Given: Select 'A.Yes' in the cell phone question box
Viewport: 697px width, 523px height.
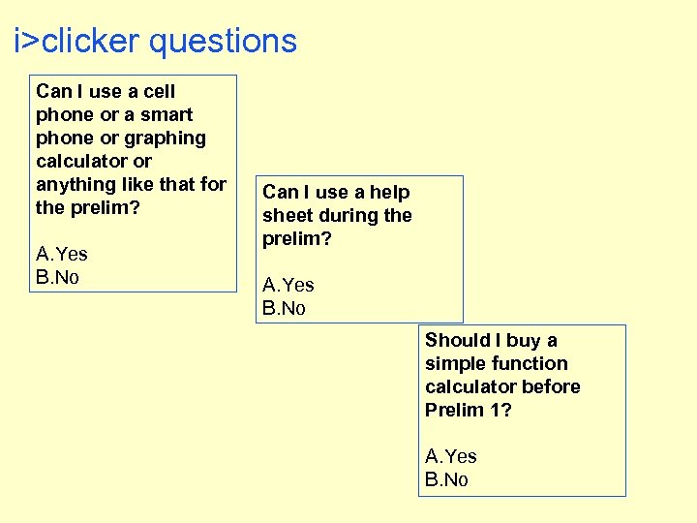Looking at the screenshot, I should pos(62,254).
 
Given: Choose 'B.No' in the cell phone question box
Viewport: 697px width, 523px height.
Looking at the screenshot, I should pos(57,277).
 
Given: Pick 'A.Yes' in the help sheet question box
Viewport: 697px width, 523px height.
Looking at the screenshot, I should pos(288,285).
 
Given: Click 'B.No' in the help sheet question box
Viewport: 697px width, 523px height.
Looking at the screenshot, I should pos(284,308).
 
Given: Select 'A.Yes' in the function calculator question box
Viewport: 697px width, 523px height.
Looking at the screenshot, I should pos(451,456).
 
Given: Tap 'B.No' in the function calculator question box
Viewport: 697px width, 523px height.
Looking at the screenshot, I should pos(446,479).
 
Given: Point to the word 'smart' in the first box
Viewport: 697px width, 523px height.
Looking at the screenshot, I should pos(167,114).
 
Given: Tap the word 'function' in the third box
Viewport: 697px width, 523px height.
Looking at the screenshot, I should pos(530,363).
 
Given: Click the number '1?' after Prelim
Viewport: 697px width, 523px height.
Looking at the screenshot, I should pos(500,410).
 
